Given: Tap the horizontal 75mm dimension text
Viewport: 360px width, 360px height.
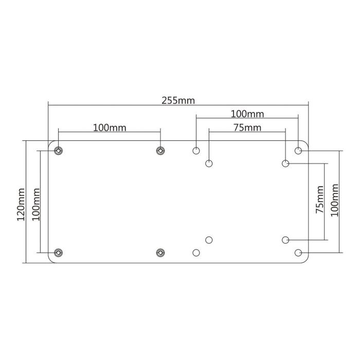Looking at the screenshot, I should coord(247,128).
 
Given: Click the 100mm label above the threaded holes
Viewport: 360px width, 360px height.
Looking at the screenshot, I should coord(110,127).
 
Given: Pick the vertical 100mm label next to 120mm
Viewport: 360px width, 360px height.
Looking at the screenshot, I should coord(35,202).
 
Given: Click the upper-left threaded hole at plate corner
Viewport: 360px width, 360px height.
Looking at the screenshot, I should coord(59,151).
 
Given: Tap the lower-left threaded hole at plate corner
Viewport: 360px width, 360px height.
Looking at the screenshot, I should coord(59,253).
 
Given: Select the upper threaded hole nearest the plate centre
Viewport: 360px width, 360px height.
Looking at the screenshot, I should coord(160,151).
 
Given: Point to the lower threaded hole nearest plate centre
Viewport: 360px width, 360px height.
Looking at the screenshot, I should coord(160,253).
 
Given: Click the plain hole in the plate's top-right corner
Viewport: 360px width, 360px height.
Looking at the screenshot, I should coord(298,151).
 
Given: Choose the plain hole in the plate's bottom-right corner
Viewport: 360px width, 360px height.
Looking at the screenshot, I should coord(298,253).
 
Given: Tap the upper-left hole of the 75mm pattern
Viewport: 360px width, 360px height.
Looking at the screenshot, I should coord(209,164).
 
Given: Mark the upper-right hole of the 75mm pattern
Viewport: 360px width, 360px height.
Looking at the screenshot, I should coord(285,164).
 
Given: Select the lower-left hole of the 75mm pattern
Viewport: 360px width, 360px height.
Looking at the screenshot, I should coord(209,240).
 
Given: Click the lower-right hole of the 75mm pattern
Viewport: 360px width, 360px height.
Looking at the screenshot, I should coord(285,240).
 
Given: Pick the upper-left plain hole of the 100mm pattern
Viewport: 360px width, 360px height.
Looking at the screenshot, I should coord(196,151).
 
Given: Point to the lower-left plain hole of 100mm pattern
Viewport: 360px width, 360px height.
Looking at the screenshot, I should coord(196,253).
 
